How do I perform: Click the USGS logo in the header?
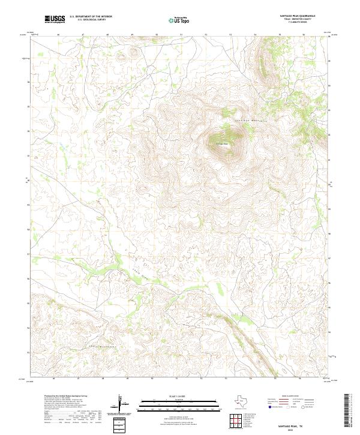tap(55, 19)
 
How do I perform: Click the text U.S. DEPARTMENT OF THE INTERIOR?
tap(91, 16)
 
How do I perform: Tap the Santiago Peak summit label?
tap(221, 143)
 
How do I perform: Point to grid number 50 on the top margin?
tap(157, 35)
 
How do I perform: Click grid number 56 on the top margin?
tap(304, 35)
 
